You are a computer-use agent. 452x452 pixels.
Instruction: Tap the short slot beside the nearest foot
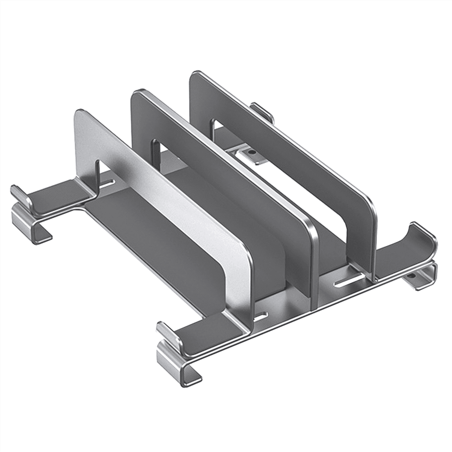pyautogui.click(x=260, y=316)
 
